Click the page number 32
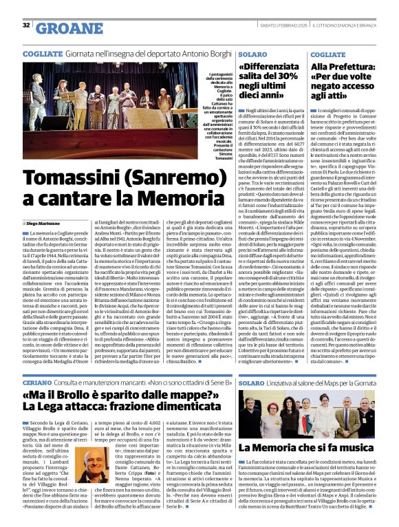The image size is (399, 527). point(26,25)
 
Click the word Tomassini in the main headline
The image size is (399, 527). point(75,176)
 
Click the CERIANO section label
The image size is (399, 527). point(39,383)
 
